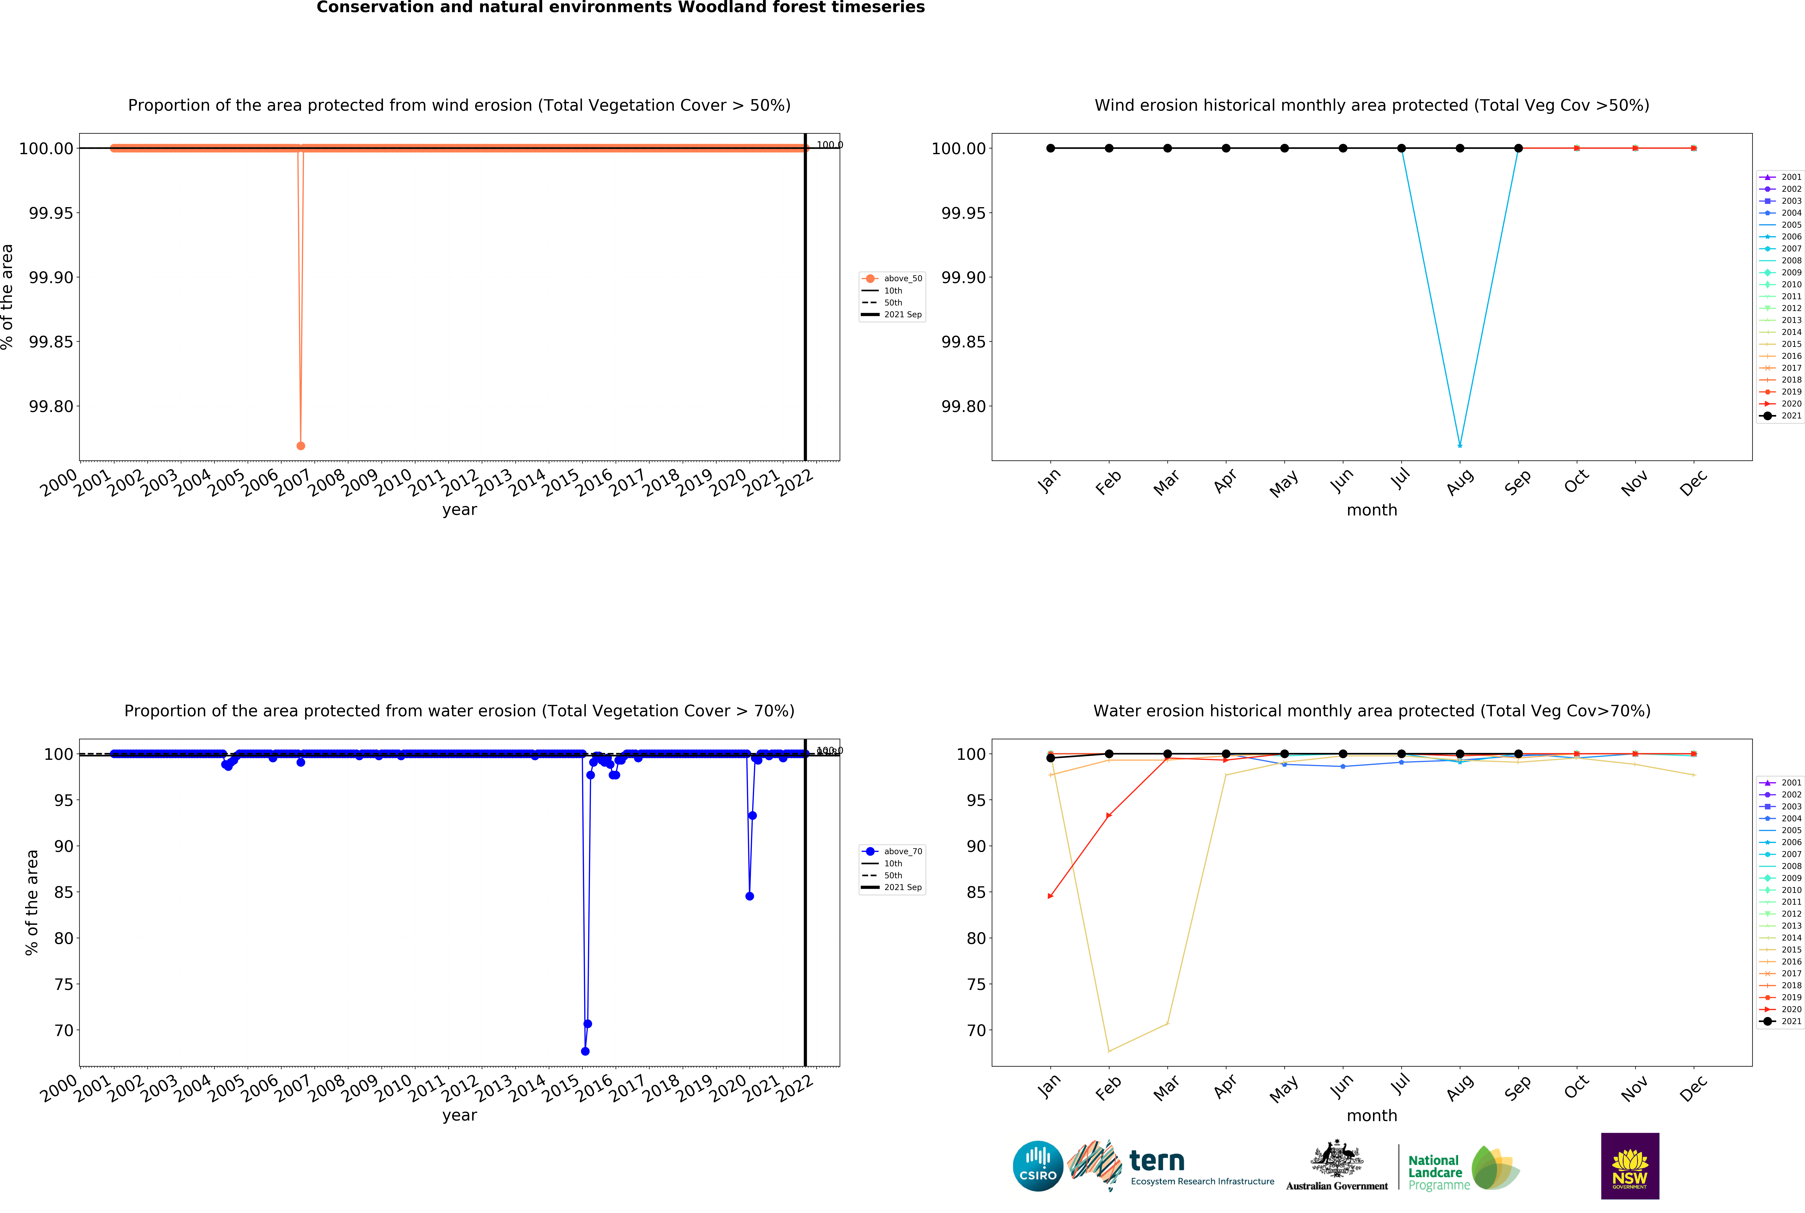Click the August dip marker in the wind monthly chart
pyautogui.click(x=1460, y=446)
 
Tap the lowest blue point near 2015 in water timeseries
pyautogui.click(x=585, y=1051)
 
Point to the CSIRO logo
pyautogui.click(x=1038, y=1166)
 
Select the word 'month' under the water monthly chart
pyautogui.click(x=1372, y=1116)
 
